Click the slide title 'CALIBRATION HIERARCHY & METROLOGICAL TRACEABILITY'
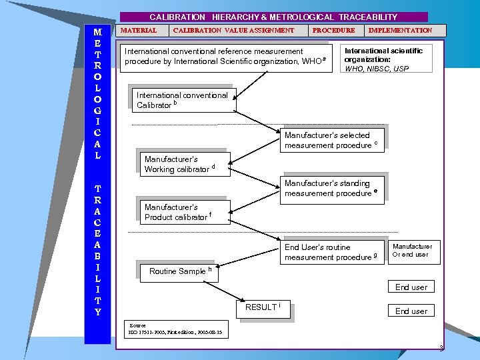point(273,17)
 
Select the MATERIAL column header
point(139,30)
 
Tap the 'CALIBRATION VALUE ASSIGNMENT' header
point(233,30)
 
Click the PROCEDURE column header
point(333,30)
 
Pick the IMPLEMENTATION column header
point(400,30)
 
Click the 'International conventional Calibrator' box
point(183,100)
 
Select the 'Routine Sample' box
point(180,271)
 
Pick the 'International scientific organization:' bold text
point(383,55)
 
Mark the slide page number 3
point(441,348)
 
